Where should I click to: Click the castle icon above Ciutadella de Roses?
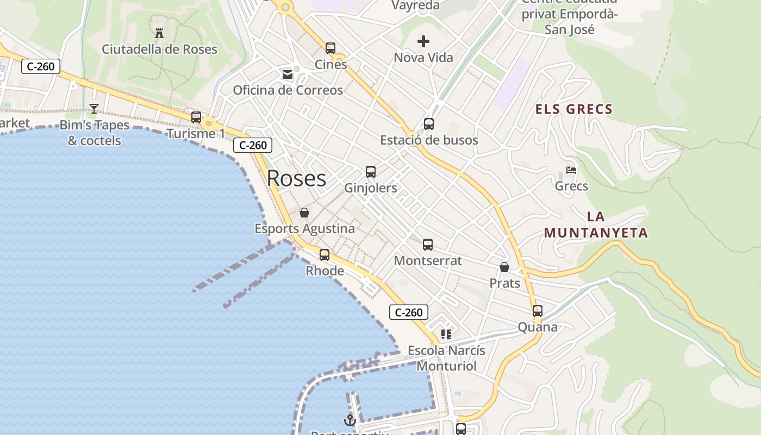(x=159, y=33)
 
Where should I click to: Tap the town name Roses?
(x=296, y=178)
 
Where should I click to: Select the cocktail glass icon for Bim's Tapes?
(x=94, y=109)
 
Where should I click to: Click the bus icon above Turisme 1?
(x=196, y=117)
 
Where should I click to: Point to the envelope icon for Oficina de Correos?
(x=288, y=74)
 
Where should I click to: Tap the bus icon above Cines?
(x=330, y=48)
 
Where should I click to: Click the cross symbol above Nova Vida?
(x=423, y=41)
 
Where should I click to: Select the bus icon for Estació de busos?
(x=429, y=123)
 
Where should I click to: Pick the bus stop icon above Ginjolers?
(x=371, y=172)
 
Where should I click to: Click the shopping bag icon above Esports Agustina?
(x=304, y=213)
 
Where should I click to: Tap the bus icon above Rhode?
(x=325, y=254)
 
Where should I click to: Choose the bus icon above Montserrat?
(x=428, y=245)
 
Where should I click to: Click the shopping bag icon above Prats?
(x=504, y=267)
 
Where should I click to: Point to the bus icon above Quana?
(x=538, y=311)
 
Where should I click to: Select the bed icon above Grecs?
(x=571, y=170)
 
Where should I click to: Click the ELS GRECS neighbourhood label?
(x=574, y=109)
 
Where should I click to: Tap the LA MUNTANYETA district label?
(x=596, y=225)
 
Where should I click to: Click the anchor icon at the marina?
(x=350, y=420)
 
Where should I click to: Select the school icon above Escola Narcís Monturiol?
(x=446, y=334)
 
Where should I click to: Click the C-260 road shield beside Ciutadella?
(x=41, y=66)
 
